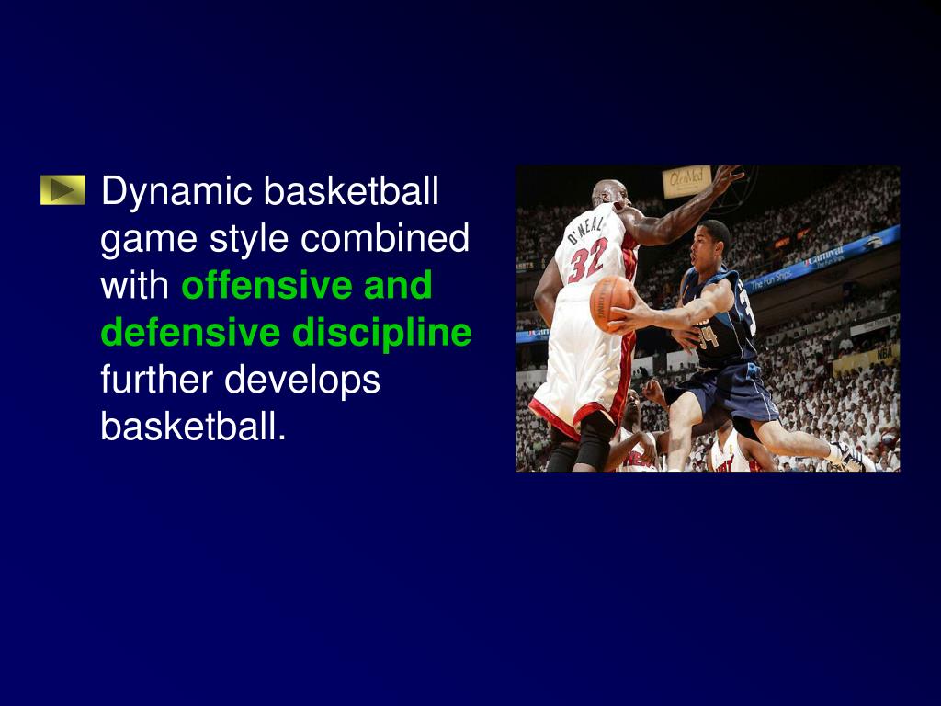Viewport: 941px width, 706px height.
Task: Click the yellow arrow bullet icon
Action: tap(62, 190)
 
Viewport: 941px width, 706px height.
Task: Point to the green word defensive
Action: tap(190, 332)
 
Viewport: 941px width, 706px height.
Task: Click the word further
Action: tap(157, 379)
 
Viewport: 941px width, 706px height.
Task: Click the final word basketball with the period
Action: tap(193, 426)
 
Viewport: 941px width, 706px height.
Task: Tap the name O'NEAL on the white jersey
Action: tap(584, 226)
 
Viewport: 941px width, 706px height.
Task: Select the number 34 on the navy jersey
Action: tap(707, 337)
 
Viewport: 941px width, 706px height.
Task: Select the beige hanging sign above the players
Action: tap(686, 180)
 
